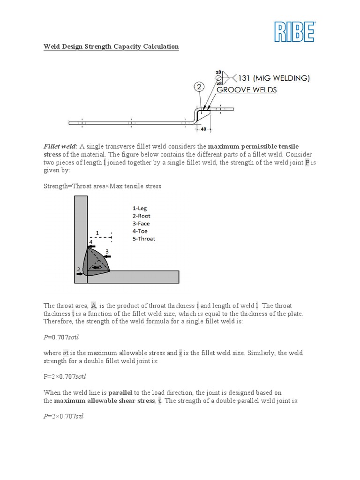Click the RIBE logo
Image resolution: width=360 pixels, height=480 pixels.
point(294,31)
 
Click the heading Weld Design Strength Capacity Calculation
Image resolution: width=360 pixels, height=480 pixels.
point(111,46)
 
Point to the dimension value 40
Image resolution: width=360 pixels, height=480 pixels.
point(203,128)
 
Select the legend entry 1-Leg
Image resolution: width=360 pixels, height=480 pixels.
point(140,208)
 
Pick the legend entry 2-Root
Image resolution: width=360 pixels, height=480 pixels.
point(141,216)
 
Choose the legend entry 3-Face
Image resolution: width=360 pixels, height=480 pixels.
point(141,223)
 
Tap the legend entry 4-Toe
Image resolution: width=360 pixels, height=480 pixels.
point(140,231)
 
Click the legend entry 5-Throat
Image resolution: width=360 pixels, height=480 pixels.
point(143,238)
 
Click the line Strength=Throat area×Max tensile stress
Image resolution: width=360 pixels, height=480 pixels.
point(102,186)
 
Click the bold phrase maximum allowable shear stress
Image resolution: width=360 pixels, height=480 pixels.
point(104,401)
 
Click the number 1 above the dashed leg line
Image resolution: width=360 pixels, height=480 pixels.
point(97,232)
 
